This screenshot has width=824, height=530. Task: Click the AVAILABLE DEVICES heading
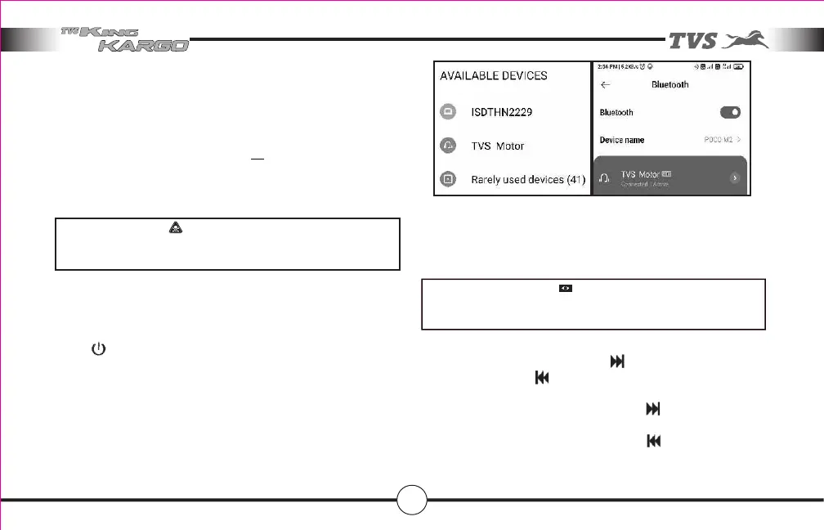(494, 75)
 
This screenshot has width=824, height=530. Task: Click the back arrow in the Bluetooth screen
(606, 84)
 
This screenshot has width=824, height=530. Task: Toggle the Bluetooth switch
(730, 112)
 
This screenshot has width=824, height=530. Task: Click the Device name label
(622, 140)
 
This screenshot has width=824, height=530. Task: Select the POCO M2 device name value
(719, 140)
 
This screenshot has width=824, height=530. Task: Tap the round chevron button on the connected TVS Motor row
(734, 177)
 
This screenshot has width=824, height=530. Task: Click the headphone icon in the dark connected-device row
(606, 177)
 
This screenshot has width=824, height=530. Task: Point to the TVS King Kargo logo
(125, 38)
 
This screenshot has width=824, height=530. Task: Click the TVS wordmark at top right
(694, 40)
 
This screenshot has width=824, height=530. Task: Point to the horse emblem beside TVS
(749, 39)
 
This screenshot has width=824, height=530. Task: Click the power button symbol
(98, 349)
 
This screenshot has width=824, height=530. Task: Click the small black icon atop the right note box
(565, 289)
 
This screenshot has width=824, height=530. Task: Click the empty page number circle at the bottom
(411, 498)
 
